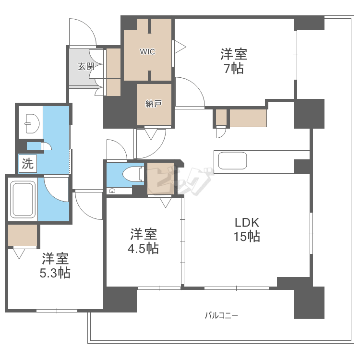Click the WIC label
coord(147,52)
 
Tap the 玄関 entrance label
coord(86,66)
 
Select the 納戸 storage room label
coord(154,104)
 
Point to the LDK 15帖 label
coord(247,229)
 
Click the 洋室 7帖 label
coord(234,61)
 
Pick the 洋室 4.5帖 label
coord(143,241)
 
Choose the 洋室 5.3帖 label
coord(55,265)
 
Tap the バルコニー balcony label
coord(221,315)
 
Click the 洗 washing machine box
coord(27,163)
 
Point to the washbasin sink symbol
coord(32,123)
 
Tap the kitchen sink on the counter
coord(232,161)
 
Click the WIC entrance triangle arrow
coord(180,47)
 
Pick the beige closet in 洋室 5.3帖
coord(23,235)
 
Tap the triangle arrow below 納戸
coord(151,134)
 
